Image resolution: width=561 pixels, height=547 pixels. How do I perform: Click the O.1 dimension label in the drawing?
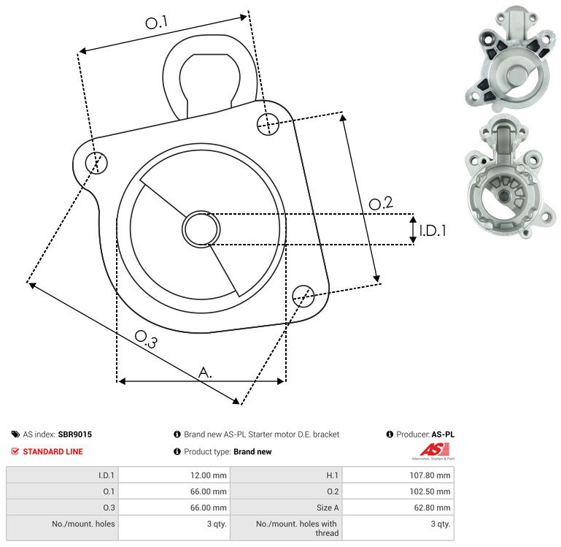(156, 23)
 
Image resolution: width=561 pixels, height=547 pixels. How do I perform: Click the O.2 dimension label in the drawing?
(381, 203)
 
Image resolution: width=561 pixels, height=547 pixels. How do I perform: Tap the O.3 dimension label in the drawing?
(146, 339)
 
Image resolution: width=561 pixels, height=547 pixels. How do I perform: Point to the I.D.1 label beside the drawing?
(433, 231)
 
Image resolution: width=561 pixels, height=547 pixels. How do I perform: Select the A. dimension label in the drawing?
(205, 372)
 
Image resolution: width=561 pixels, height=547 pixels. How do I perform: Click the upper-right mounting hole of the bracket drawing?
(268, 124)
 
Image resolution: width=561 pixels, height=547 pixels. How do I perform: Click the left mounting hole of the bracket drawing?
(96, 163)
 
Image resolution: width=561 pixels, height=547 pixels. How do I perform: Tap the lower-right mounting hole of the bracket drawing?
(303, 296)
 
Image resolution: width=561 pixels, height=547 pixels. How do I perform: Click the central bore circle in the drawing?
(201, 229)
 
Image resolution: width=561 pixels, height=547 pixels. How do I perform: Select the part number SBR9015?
(75, 434)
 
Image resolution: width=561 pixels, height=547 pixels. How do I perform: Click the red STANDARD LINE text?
(53, 451)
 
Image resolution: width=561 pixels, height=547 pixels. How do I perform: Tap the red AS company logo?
(434, 451)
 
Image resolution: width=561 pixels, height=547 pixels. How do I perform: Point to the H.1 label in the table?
(332, 475)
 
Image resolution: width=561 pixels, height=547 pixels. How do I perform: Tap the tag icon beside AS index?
(15, 435)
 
